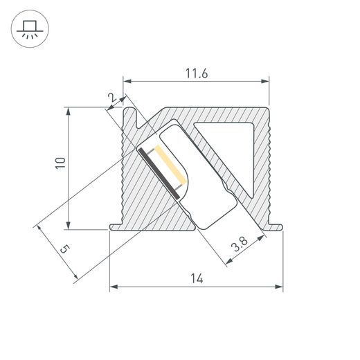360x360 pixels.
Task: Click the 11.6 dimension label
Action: (x=197, y=73)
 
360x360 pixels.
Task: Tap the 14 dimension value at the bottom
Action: (x=197, y=278)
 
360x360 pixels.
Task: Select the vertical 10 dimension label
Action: (x=60, y=163)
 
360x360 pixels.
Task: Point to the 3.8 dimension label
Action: (x=240, y=244)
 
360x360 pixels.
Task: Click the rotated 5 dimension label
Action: (x=65, y=249)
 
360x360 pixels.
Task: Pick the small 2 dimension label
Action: (x=112, y=98)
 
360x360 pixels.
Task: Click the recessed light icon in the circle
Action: (x=30, y=29)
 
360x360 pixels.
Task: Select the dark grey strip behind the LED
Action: (x=159, y=173)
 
